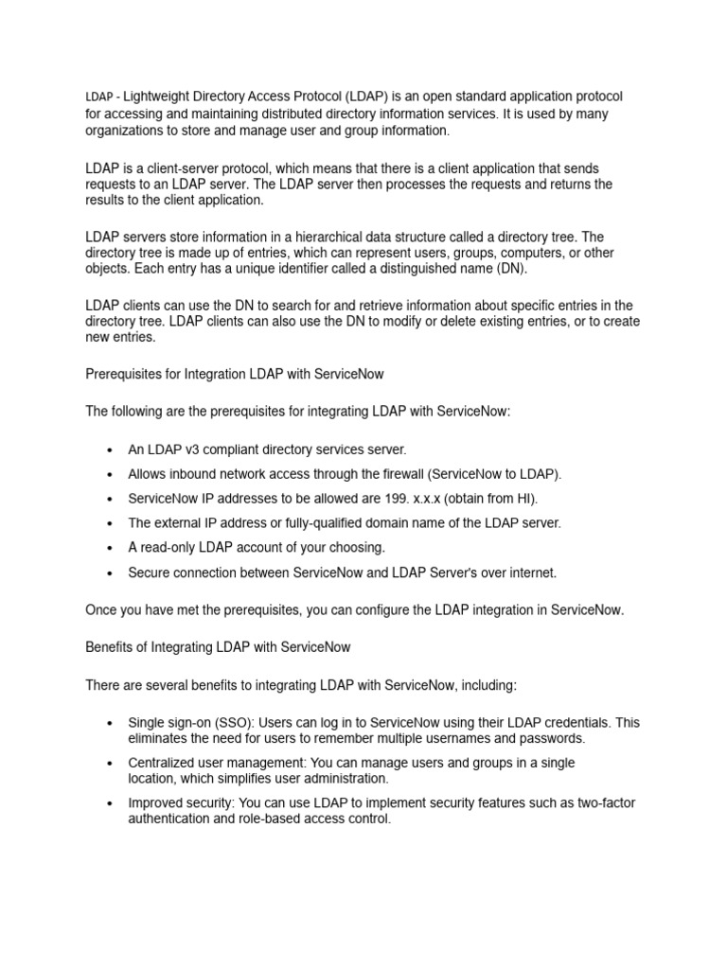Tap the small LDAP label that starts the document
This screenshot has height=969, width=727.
point(99,97)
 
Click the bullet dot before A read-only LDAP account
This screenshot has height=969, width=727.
point(111,548)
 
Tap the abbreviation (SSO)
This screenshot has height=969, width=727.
point(218,722)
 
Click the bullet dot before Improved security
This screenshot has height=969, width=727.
point(111,803)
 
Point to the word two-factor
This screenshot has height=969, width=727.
point(603,803)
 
